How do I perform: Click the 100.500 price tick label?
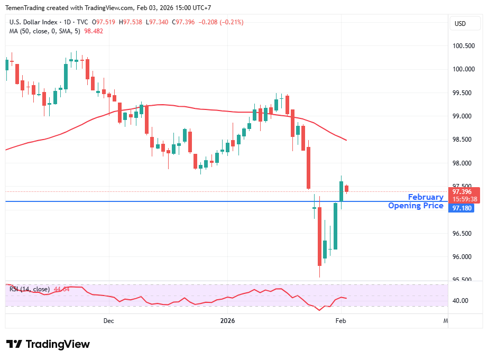coord(463,46)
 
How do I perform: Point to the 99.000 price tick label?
coord(463,116)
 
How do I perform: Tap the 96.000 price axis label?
coord(463,257)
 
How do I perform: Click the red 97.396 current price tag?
coord(464,191)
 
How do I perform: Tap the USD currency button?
coord(460,24)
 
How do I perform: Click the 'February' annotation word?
coord(426,197)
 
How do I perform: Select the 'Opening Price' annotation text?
coord(416,206)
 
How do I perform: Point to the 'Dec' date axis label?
coord(108,321)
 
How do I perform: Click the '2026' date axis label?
coord(227,321)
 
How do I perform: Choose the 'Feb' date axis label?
coord(341,321)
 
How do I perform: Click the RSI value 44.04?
coord(62,289)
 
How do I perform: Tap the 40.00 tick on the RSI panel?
coord(461,301)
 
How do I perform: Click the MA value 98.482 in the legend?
coord(94,31)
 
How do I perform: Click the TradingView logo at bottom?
coord(48,344)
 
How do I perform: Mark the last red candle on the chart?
coord(347,188)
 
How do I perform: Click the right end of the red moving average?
coord(346,140)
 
